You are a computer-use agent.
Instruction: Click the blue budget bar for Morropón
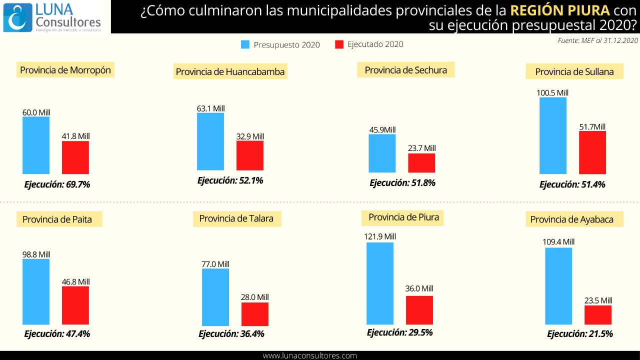(x=36, y=145)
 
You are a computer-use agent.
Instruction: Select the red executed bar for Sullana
(x=592, y=152)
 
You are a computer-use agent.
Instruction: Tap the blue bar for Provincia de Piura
(x=380, y=283)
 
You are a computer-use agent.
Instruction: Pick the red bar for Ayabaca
(x=598, y=315)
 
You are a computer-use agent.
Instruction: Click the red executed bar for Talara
(x=255, y=314)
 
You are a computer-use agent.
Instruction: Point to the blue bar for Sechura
(x=382, y=153)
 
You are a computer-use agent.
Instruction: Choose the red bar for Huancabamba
(x=250, y=155)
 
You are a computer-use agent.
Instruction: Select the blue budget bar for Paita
(x=36, y=292)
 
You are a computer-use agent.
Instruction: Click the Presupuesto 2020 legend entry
(x=280, y=44)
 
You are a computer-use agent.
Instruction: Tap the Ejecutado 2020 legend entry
(x=369, y=44)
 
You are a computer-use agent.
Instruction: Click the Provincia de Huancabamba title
(x=230, y=71)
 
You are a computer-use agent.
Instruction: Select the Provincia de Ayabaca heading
(x=572, y=219)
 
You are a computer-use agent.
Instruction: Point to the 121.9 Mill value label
(x=380, y=236)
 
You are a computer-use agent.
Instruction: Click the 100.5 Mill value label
(x=552, y=93)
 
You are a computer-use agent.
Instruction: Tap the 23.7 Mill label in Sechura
(x=421, y=148)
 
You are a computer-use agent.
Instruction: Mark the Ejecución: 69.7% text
(x=57, y=184)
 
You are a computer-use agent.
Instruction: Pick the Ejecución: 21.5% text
(x=580, y=334)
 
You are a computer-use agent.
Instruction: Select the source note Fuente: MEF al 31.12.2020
(x=598, y=40)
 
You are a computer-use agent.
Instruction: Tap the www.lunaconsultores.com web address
(x=310, y=355)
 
